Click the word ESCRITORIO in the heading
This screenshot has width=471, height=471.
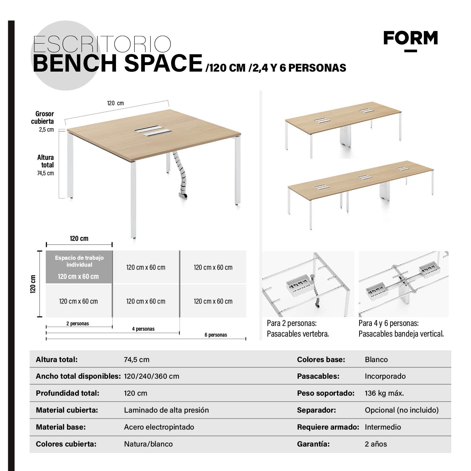[x=102, y=44]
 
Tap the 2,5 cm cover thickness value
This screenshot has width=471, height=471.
[x=46, y=129]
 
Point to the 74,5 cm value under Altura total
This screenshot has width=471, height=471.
[x=46, y=173]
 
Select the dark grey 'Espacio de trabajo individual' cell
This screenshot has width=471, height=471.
[x=79, y=267]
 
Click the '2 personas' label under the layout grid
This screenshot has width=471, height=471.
[x=78, y=323]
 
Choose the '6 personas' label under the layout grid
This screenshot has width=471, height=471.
[x=216, y=335]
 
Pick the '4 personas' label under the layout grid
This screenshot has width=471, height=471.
[x=143, y=329]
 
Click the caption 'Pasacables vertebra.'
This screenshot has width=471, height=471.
[x=298, y=334]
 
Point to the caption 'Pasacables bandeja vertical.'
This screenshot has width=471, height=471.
[x=401, y=334]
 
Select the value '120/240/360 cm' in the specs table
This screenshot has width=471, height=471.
[x=151, y=376]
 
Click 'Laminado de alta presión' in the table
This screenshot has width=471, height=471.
[x=166, y=410]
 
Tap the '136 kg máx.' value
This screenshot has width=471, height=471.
[x=384, y=393]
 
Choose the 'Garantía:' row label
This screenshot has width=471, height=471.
[x=313, y=444]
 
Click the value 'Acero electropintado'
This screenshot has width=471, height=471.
[x=159, y=427]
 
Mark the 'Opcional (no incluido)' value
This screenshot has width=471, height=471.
[x=402, y=410]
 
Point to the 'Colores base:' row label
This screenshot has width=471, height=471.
[x=321, y=360]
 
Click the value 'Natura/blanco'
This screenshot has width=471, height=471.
[x=148, y=444]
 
